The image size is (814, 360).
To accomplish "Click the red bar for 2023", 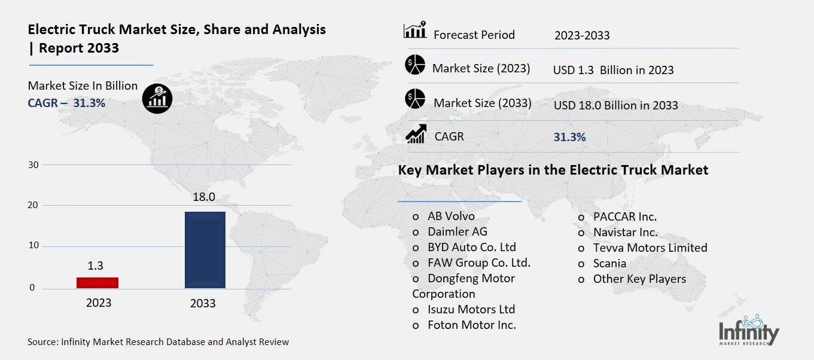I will point(97,282).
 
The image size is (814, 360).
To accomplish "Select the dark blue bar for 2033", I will point(205,250).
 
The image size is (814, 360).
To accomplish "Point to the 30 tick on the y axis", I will point(33,165).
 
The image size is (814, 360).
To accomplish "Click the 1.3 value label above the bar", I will point(95,266).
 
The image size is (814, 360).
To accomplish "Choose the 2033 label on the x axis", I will point(203,304).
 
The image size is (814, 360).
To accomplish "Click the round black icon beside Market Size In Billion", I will point(157,97).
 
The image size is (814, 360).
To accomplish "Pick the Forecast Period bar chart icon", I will point(415,30).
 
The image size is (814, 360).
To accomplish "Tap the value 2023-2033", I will point(582,35).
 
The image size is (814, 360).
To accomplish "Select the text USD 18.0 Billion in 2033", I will point(615,105).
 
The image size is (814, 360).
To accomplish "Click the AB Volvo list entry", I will point(451,216).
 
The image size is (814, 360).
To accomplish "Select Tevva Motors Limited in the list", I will point(650,248).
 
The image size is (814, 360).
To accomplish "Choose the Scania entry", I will point(609,263).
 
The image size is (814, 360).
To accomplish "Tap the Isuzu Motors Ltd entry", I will point(471,309).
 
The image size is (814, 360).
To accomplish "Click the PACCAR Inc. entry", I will point(624,216).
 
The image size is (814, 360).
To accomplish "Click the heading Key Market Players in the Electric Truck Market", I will point(553,170).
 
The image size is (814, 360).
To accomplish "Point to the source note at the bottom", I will point(158,342).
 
